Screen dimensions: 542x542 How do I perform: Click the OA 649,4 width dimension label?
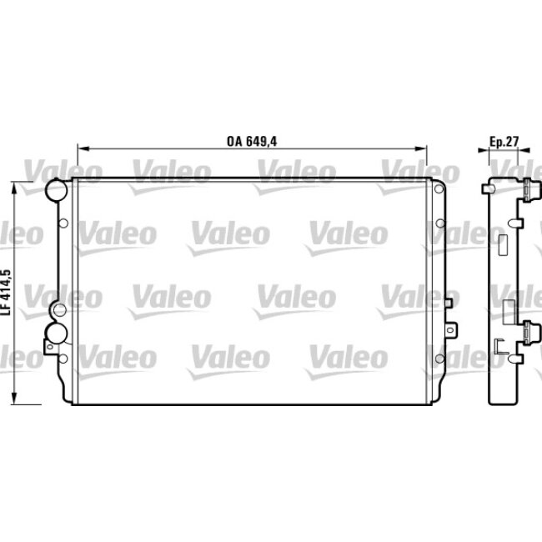[x=251, y=141]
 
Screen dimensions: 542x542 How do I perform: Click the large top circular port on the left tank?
[x=56, y=190]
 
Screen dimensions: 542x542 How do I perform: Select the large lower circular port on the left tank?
[x=56, y=334]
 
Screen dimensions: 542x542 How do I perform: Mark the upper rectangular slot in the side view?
[x=503, y=245]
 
